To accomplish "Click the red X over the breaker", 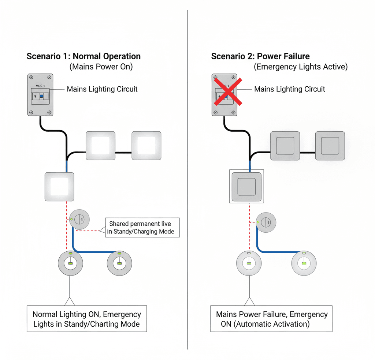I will [x=227, y=91].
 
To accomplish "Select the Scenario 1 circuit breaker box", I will [x=41, y=95].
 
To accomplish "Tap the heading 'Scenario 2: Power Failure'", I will [x=260, y=56].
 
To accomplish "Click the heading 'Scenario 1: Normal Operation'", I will [x=83, y=56].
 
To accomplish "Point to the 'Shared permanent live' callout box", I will [x=142, y=228].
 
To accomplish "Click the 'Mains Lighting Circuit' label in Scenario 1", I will [x=102, y=89].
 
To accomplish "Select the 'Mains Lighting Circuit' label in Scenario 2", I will [x=289, y=89].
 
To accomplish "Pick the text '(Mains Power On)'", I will [x=101, y=67].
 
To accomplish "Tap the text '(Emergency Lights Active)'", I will [x=301, y=67].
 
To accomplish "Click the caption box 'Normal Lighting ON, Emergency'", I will [x=87, y=319].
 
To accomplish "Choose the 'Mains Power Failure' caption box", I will [x=271, y=319].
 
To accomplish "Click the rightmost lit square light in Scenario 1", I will [x=146, y=146].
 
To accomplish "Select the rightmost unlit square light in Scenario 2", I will [x=330, y=146].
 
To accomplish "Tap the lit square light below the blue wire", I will [x=59, y=187].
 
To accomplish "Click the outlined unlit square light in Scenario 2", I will [x=245, y=186].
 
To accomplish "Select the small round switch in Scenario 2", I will [x=266, y=222].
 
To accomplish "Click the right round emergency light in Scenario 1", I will [x=119, y=263].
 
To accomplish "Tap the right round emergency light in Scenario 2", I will [x=304, y=263].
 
